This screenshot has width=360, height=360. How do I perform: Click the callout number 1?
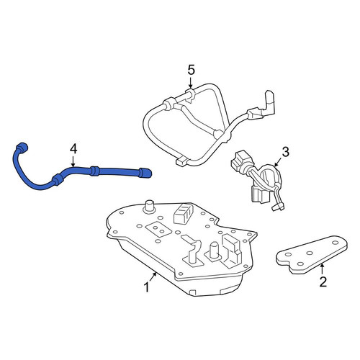click(x=146, y=287)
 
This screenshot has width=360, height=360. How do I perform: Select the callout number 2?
click(x=323, y=282)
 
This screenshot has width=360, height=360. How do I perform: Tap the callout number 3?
click(x=285, y=152)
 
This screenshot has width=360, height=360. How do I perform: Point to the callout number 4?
click(x=73, y=149)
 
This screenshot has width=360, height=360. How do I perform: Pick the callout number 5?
click(x=191, y=70)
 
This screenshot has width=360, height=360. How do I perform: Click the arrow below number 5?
click(x=191, y=82)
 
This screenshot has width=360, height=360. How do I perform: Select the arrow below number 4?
click(x=73, y=161)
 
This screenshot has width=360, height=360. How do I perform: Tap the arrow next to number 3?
click(x=278, y=162)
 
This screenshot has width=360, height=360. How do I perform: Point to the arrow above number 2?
click(x=323, y=269)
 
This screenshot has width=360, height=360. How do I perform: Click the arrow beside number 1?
click(x=153, y=277)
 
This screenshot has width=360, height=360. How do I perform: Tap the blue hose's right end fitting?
click(x=145, y=173)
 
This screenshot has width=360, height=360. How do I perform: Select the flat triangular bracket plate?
click(x=312, y=254)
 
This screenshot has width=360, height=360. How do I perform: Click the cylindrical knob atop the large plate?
click(x=149, y=207)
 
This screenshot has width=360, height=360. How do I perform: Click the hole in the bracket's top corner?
click(x=335, y=243)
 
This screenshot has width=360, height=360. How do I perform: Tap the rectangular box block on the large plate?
click(x=183, y=213)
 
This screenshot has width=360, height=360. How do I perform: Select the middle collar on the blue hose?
click(x=94, y=171)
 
